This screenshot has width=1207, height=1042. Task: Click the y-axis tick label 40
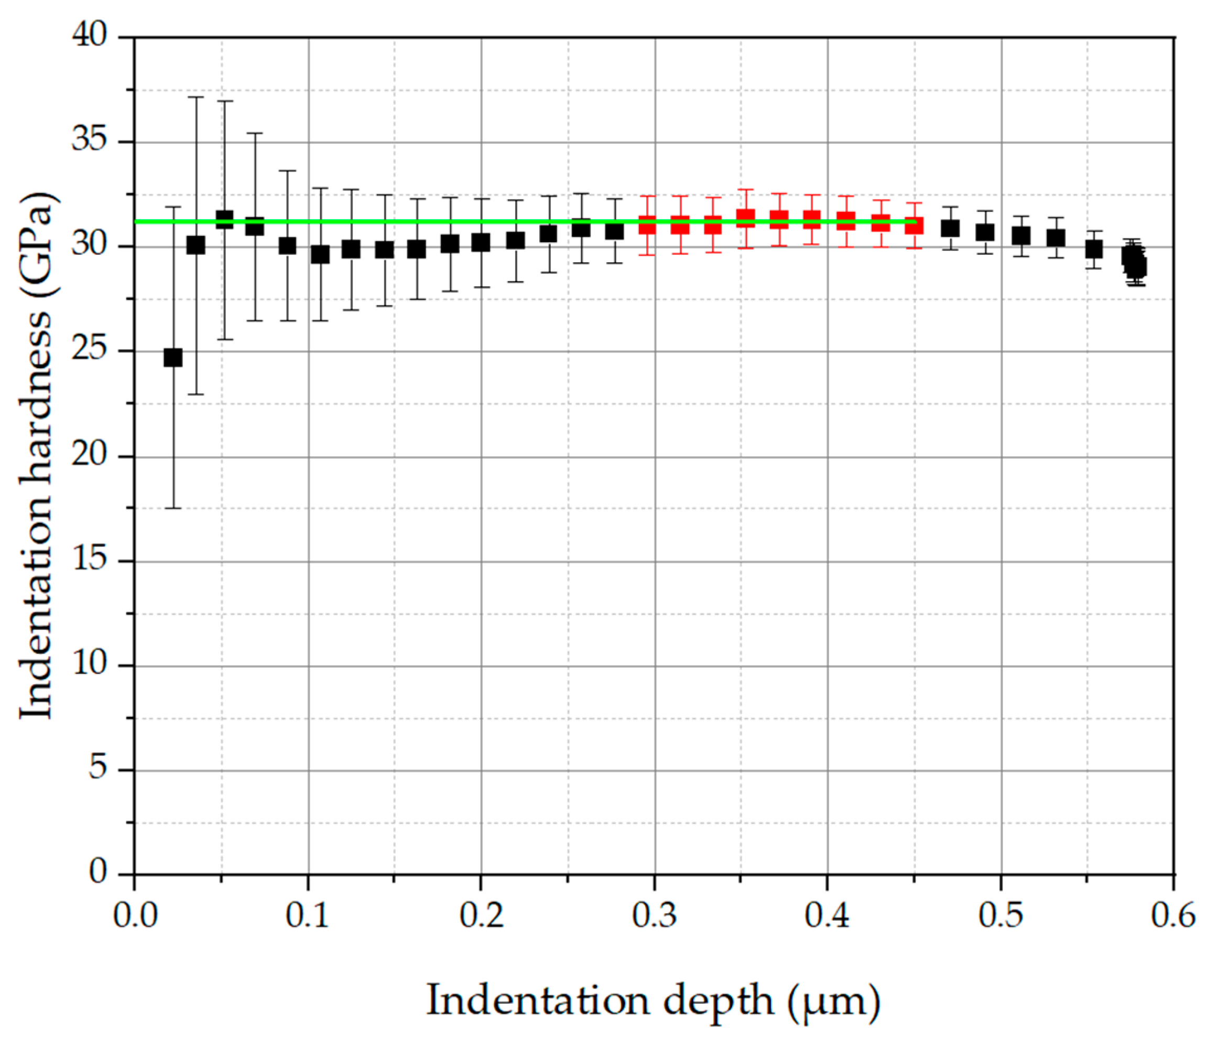pyautogui.click(x=90, y=36)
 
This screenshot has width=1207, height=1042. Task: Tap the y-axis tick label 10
pyautogui.click(x=90, y=664)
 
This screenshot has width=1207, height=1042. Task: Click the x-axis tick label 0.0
pyautogui.click(x=135, y=916)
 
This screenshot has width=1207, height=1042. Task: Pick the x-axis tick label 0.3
pyautogui.click(x=655, y=916)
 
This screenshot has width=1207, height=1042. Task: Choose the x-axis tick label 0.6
pyautogui.click(x=1172, y=916)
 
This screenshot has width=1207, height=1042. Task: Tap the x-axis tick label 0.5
pyautogui.click(x=1001, y=916)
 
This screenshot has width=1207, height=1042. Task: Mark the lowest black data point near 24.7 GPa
pyautogui.click(x=173, y=357)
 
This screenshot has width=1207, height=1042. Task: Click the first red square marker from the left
pyautogui.click(x=647, y=224)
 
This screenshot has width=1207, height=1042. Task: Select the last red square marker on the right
pyautogui.click(x=914, y=225)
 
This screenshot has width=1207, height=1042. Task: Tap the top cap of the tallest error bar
pyautogui.click(x=195, y=98)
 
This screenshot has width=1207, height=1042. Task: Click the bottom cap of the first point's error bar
pyautogui.click(x=173, y=508)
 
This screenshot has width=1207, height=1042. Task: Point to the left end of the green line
pyautogui.click(x=136, y=221)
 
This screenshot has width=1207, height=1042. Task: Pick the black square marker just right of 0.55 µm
pyautogui.click(x=1094, y=250)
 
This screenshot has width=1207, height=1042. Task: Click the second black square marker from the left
pyautogui.click(x=195, y=245)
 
